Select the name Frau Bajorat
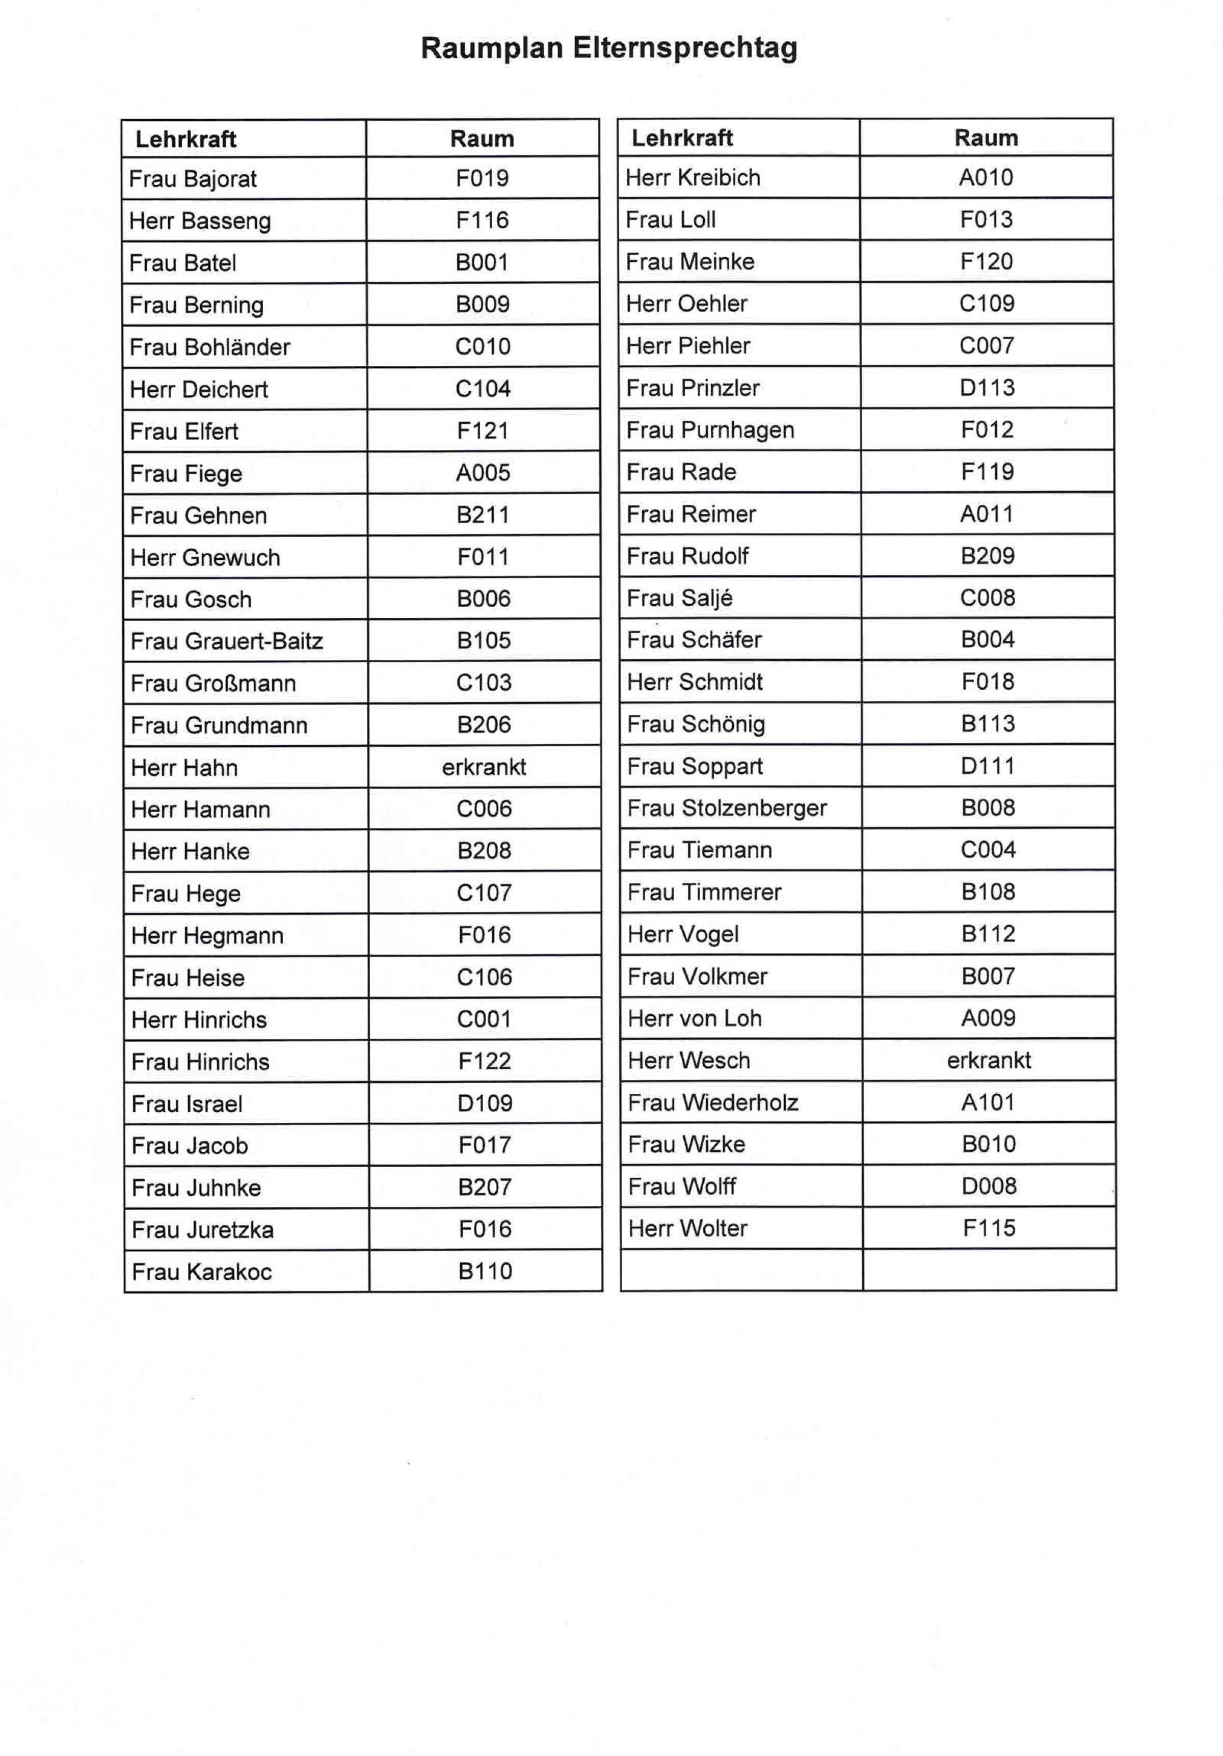(x=193, y=179)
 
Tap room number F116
(x=482, y=220)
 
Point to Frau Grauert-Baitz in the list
(x=226, y=641)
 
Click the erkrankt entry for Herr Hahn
(x=484, y=767)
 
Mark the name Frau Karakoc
(x=201, y=1272)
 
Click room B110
(x=485, y=1271)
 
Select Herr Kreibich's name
(x=692, y=177)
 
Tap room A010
(x=986, y=177)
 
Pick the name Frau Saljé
(x=679, y=598)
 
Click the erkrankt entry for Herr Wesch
(x=988, y=1060)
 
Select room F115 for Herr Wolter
(x=989, y=1228)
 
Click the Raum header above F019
(x=482, y=139)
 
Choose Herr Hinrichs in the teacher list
(x=199, y=1019)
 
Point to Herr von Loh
(x=695, y=1018)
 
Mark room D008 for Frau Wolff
(x=989, y=1186)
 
